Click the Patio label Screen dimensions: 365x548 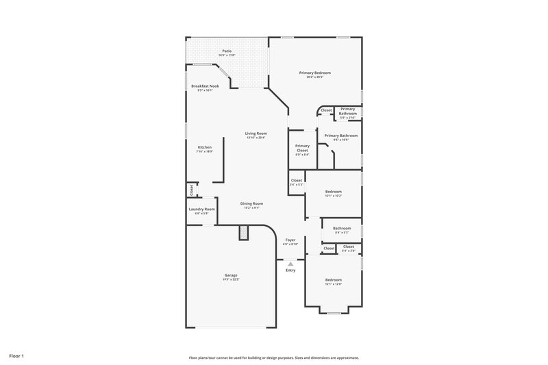tap(227, 51)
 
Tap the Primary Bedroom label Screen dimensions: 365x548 tap(314, 73)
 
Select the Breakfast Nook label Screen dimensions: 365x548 tap(205, 86)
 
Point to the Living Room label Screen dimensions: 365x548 tap(256, 134)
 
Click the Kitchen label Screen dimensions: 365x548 tap(205, 147)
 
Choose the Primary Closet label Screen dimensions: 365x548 tap(302, 148)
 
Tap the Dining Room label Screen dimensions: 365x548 tap(251, 203)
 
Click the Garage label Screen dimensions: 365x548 tap(230, 275)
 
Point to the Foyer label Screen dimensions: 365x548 tap(290, 240)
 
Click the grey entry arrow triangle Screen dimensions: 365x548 tap(290, 263)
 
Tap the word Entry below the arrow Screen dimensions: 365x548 tap(290, 270)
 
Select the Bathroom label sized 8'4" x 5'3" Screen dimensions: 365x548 tap(342, 228)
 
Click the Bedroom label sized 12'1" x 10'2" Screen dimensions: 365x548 tap(334, 192)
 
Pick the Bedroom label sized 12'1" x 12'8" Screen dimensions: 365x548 tap(334, 280)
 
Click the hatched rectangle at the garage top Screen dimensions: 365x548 tap(242, 234)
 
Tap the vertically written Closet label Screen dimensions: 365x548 tap(191, 189)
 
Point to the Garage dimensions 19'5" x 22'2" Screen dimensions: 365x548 tap(230, 279)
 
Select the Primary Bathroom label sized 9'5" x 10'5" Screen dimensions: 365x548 tap(340, 136)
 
